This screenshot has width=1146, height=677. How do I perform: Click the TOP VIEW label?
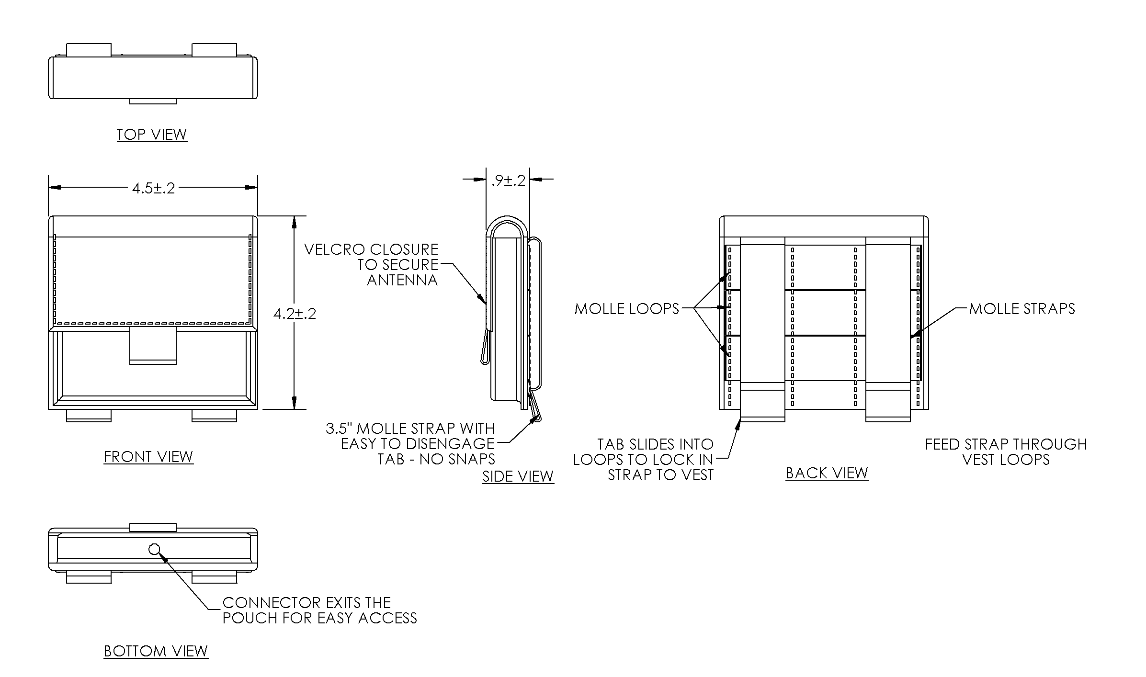click(152, 135)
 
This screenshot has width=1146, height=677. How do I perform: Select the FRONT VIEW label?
click(148, 457)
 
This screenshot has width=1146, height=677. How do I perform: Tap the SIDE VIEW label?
click(518, 476)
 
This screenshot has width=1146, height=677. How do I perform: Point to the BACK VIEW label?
click(827, 473)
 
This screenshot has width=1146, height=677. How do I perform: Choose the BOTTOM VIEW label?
click(156, 651)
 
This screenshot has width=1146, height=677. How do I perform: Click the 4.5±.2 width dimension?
click(154, 188)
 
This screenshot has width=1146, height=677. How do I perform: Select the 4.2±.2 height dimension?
click(295, 314)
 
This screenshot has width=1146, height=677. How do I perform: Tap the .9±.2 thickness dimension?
click(508, 181)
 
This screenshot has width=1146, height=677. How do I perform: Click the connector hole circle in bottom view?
click(154, 549)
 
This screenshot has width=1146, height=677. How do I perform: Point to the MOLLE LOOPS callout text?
click(627, 309)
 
